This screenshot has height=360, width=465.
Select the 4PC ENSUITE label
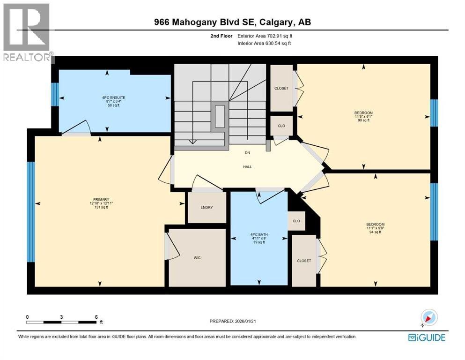[114, 97]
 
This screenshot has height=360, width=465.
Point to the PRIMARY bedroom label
[102, 199]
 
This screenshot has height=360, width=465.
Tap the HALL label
[247, 166]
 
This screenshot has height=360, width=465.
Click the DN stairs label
[247, 152]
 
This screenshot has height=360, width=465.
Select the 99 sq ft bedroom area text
[363, 120]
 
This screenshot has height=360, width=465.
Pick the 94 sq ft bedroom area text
[376, 232]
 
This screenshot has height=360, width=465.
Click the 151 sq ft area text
[102, 208]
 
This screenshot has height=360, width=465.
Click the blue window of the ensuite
[55, 94]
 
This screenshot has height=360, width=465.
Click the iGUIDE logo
[427, 337]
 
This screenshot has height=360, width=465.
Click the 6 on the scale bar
[96, 317]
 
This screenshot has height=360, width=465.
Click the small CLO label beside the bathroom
[296, 221]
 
